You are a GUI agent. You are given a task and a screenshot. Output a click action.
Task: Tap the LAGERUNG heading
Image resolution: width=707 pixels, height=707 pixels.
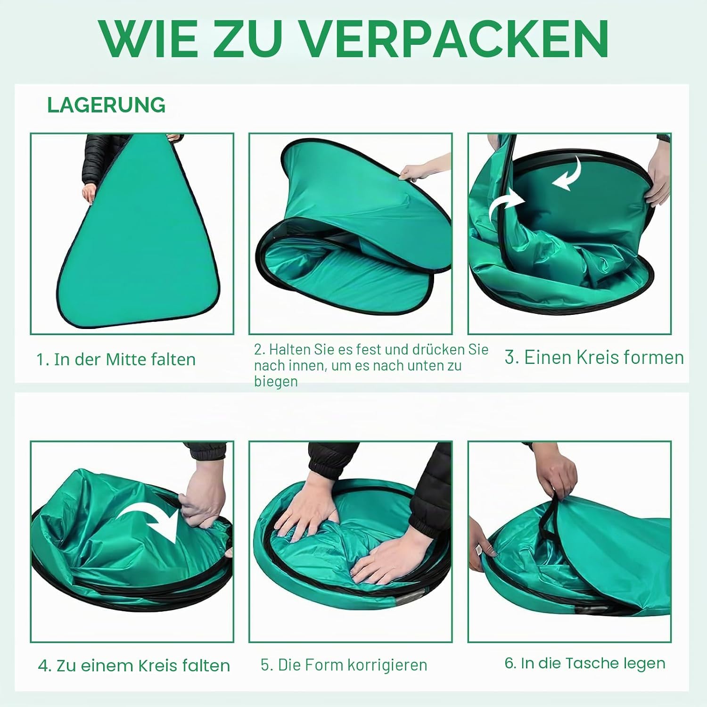coord(107,105)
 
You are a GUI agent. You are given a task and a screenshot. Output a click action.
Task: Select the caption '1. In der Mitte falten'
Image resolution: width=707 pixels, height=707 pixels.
coord(116,360)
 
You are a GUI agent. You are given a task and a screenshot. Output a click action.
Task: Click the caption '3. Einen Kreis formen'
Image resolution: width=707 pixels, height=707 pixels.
coord(594,357)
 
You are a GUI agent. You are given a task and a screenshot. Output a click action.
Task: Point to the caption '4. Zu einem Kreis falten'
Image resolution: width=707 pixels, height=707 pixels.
coord(134,666)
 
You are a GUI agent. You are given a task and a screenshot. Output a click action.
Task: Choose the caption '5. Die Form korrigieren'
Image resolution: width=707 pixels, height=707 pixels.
coord(344,665)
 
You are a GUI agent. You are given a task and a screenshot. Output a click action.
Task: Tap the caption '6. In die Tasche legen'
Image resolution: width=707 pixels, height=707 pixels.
coord(585,663)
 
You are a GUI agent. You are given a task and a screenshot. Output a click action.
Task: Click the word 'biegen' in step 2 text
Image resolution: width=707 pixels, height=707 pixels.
coord(276,381)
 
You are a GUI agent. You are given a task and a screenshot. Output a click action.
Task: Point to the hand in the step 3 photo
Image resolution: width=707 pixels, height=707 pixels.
coord(659,174)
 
